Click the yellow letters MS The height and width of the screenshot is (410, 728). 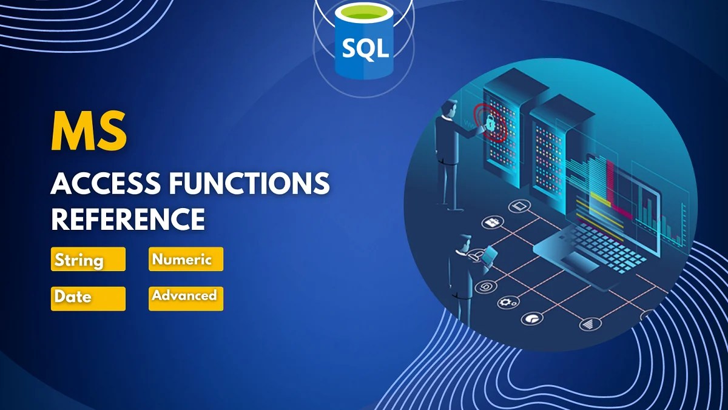tap(89, 132)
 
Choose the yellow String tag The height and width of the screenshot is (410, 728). tap(88, 260)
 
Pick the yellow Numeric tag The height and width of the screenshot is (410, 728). tap(186, 259)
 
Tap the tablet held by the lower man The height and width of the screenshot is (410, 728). tap(490, 255)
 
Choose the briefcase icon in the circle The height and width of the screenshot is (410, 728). tap(490, 223)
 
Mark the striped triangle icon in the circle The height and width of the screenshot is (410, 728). tap(587, 324)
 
